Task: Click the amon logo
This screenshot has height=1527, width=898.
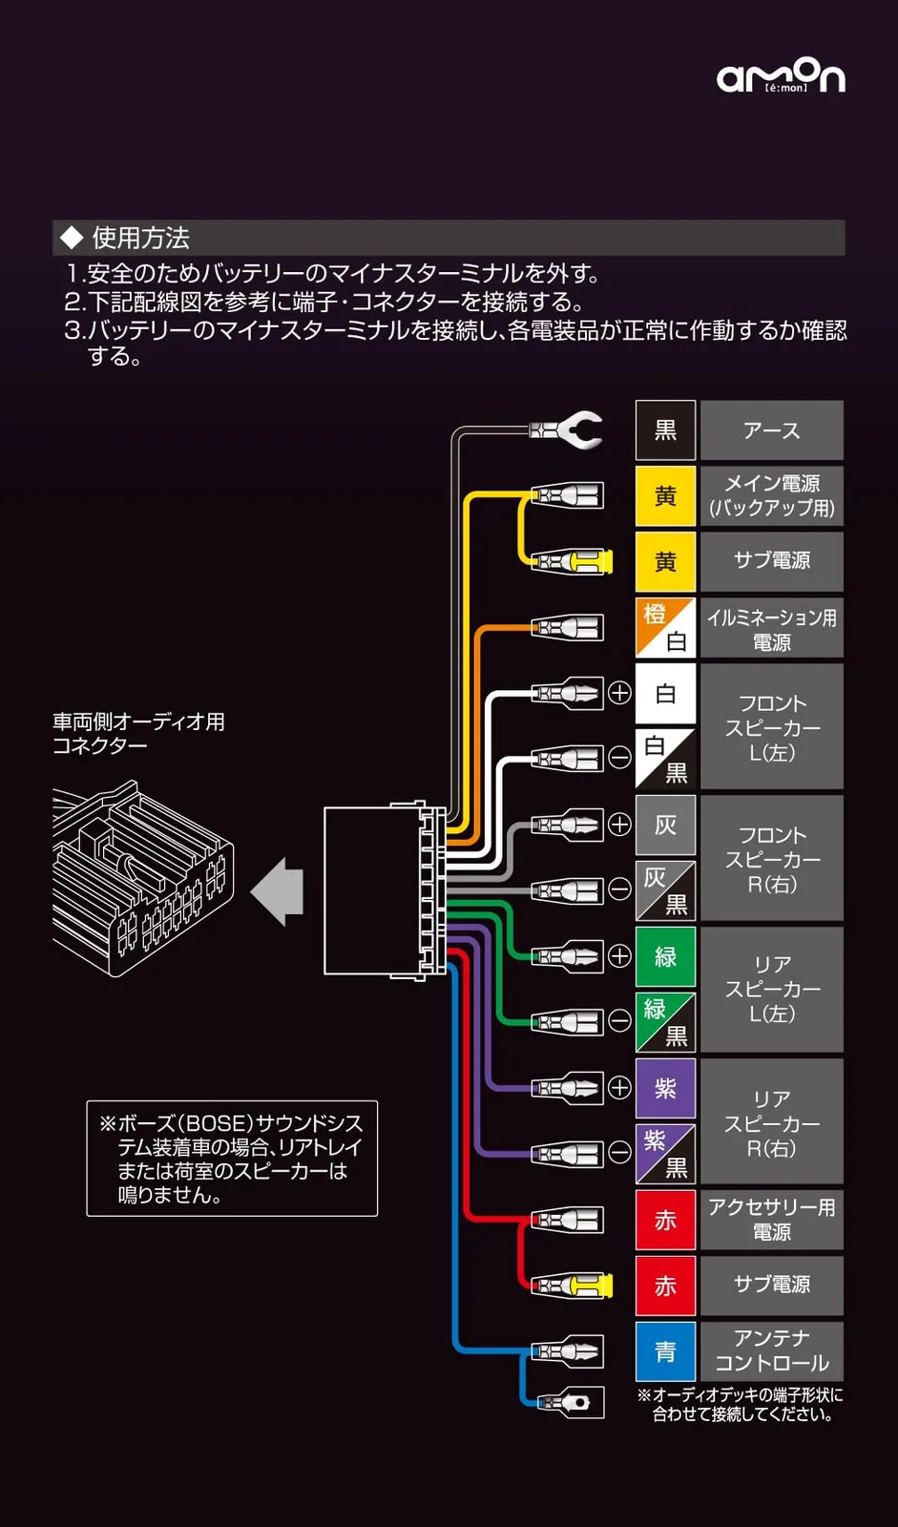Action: [x=781, y=75]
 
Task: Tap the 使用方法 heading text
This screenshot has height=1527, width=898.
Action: [x=140, y=238]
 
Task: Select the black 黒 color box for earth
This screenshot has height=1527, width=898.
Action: [x=665, y=430]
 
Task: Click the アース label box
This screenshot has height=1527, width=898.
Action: [x=771, y=430]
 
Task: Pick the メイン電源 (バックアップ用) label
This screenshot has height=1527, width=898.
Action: [x=771, y=495]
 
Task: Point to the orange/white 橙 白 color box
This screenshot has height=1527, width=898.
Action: [x=665, y=628]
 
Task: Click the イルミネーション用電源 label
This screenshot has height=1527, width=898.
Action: [x=771, y=629]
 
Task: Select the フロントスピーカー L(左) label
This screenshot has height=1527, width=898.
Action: [x=771, y=727]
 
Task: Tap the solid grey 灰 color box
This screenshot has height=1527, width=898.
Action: [x=665, y=825]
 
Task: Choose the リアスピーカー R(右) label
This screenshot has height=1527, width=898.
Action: [x=771, y=1122]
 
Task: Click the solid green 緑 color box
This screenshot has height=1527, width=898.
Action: [x=665, y=956]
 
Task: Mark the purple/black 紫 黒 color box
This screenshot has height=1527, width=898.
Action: [x=665, y=1154]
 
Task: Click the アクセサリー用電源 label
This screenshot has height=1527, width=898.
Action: [x=771, y=1220]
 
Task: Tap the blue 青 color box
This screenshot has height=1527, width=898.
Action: [x=665, y=1351]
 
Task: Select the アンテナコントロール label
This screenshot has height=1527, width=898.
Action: [x=771, y=1350]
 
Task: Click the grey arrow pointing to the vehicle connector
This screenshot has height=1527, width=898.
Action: [x=279, y=892]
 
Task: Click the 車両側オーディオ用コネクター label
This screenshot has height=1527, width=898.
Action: [x=138, y=733]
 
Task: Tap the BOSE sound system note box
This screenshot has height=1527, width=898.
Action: [x=232, y=1159]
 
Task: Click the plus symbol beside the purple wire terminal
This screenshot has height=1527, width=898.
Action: [x=619, y=1088]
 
